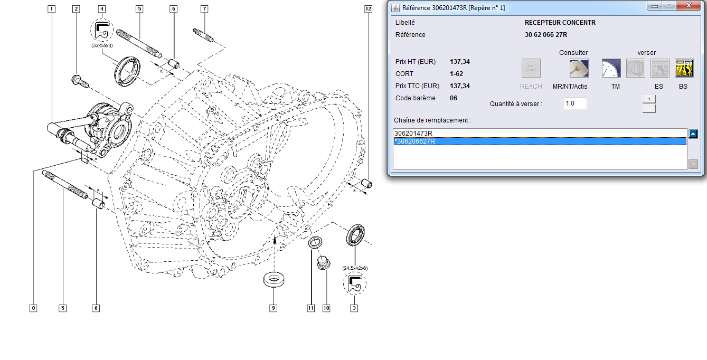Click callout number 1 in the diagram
(x=51, y=9)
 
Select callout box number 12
(x=369, y=9)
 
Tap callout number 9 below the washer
(x=274, y=308)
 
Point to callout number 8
(x=33, y=308)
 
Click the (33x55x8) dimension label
(x=102, y=45)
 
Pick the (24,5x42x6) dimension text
(x=355, y=268)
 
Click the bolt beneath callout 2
(x=80, y=81)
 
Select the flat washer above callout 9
(x=274, y=279)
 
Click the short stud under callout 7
(x=203, y=35)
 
